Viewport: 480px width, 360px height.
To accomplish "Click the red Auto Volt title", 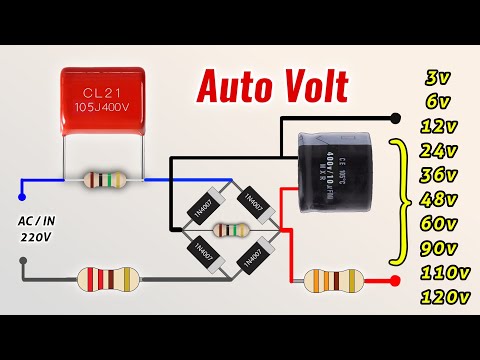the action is pos(271,87).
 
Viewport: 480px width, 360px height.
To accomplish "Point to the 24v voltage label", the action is pos(439,152).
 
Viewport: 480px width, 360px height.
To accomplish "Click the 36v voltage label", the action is pos(439,176).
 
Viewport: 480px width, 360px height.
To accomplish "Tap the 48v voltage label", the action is pos(439,200).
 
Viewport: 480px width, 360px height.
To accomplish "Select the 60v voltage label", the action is pos(439,224).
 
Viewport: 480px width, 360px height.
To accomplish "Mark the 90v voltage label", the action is pos(439,248).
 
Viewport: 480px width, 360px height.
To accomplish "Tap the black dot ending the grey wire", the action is pos(21,266).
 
